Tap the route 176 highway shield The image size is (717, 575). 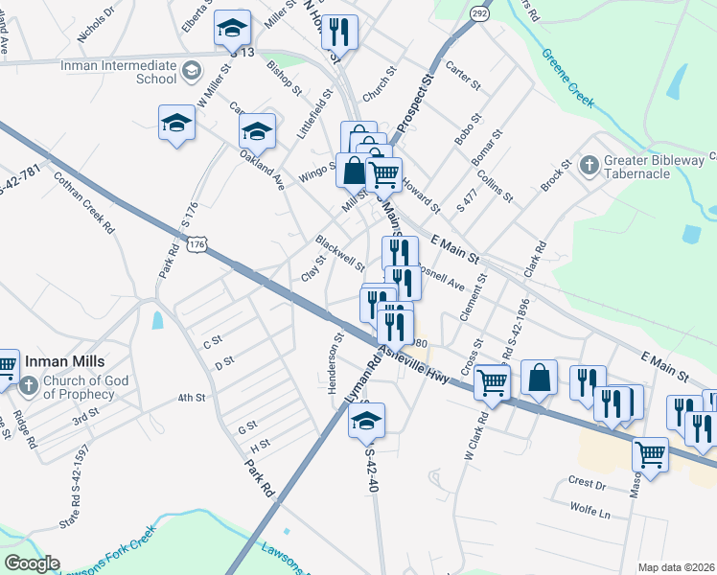coord(197,245)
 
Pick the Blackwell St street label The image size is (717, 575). coord(340,252)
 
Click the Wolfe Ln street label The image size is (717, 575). coord(590,511)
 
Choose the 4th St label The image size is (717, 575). coord(192,397)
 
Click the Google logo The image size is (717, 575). coord(32,563)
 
